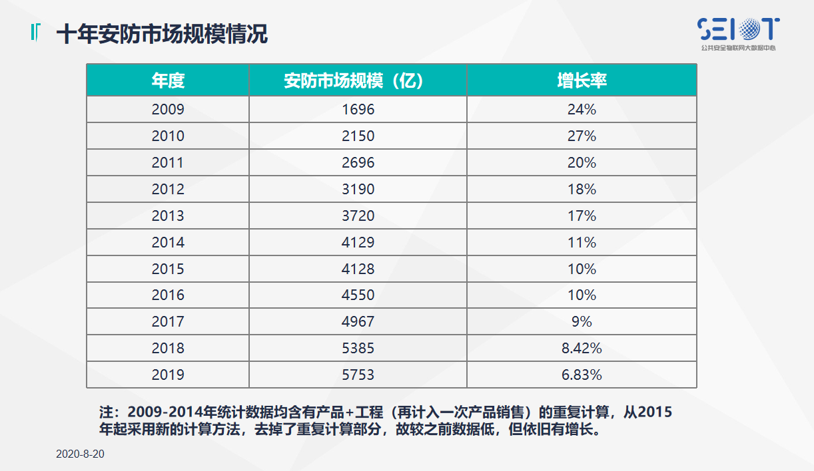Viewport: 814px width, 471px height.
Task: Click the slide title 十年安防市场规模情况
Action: coord(162,35)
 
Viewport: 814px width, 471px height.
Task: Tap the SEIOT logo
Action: coord(738,32)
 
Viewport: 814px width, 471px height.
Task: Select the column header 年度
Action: coord(168,80)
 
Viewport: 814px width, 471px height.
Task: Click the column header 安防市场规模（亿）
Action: coord(358,80)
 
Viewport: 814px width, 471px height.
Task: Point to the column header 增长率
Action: coord(582,80)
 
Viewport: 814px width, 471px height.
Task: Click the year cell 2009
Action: coord(168,110)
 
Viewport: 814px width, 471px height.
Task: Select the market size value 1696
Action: coord(358,110)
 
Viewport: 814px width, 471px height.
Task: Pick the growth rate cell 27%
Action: coord(582,136)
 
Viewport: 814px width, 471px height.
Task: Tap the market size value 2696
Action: coord(358,163)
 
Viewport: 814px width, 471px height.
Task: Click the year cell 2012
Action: coord(168,190)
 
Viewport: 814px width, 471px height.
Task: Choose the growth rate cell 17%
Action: coord(582,216)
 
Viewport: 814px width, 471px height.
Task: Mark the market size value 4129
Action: coord(358,243)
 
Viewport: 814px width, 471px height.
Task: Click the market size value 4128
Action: coord(358,269)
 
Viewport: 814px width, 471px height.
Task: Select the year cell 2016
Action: coord(168,295)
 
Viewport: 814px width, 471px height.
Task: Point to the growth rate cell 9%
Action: coord(582,322)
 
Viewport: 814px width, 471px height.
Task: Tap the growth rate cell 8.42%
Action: coord(582,349)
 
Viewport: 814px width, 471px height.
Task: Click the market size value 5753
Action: coord(358,375)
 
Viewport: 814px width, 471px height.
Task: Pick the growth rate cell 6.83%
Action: coord(582,375)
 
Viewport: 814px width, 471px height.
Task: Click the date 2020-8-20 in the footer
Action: coord(81,454)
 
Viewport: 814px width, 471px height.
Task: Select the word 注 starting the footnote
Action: coord(106,412)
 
